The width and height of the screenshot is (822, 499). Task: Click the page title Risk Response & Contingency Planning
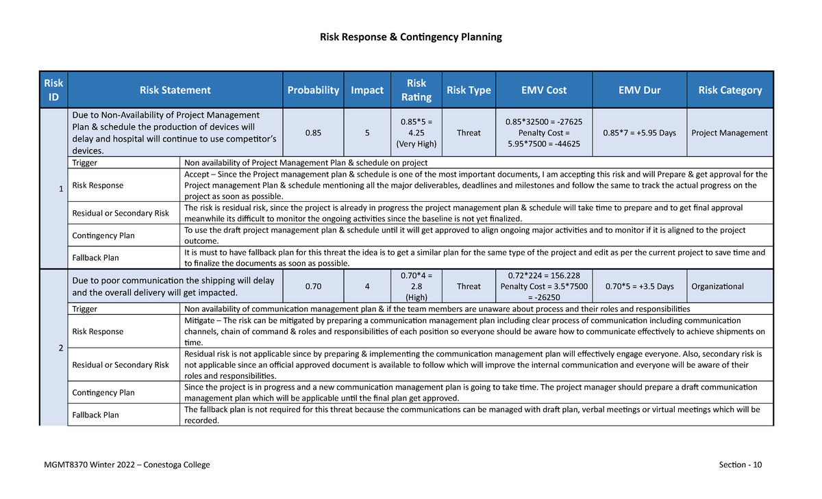(x=411, y=37)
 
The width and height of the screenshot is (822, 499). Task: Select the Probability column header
(x=313, y=90)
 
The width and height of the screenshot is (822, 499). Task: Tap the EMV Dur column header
(x=638, y=90)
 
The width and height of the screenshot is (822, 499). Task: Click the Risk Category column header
(x=730, y=90)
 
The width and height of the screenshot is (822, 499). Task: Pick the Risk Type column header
(x=469, y=90)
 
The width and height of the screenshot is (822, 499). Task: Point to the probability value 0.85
(x=313, y=133)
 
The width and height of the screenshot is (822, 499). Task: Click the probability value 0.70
(x=313, y=286)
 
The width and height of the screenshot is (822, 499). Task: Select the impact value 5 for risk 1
(x=367, y=133)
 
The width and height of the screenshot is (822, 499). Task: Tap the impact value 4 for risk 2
(x=367, y=286)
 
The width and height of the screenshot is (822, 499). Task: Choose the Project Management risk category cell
(x=730, y=133)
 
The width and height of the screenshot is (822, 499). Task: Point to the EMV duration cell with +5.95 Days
(x=638, y=133)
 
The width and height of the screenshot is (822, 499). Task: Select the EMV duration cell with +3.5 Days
(x=638, y=286)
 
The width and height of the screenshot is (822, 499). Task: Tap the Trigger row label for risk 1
(x=85, y=163)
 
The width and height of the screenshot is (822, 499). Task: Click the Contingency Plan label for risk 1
(x=103, y=235)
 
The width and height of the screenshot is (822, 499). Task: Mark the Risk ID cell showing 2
(x=60, y=348)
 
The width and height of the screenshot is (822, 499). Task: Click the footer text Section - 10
(x=740, y=465)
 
